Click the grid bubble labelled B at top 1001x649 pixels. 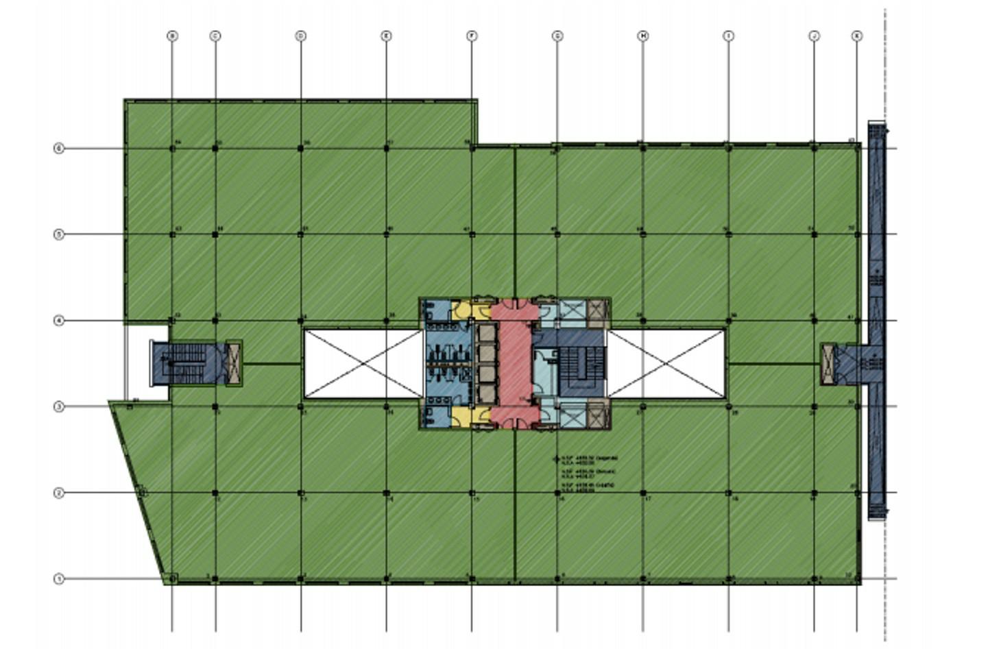172,36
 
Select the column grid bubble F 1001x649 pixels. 472,36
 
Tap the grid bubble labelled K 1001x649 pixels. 856,36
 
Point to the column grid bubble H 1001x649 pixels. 643,36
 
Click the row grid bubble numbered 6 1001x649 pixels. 59,148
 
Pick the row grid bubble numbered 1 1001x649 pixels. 59,578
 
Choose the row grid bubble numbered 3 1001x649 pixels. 59,406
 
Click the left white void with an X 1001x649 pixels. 363,363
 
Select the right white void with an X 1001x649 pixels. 666,363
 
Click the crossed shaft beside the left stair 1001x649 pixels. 234,362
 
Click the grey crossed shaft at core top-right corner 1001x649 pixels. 596,312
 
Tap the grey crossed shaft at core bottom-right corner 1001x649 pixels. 596,415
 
